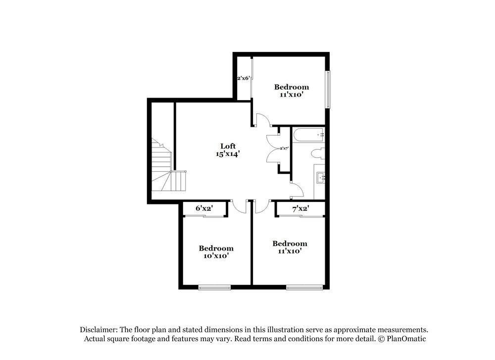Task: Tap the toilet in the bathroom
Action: pos(319,154)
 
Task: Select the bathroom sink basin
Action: pos(320,177)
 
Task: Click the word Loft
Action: pos(228,146)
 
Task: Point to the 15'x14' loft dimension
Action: pos(228,154)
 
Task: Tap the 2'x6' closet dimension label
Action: pos(244,78)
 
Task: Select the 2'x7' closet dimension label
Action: pos(284,148)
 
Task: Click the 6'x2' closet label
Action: pos(203,209)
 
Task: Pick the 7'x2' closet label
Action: pos(300,209)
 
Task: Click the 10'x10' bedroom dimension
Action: pos(216,256)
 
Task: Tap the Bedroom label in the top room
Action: pos(292,87)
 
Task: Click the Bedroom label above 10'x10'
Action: pos(216,248)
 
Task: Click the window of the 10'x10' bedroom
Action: pos(214,287)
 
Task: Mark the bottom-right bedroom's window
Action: pos(304,287)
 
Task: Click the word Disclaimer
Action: pos(98,329)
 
